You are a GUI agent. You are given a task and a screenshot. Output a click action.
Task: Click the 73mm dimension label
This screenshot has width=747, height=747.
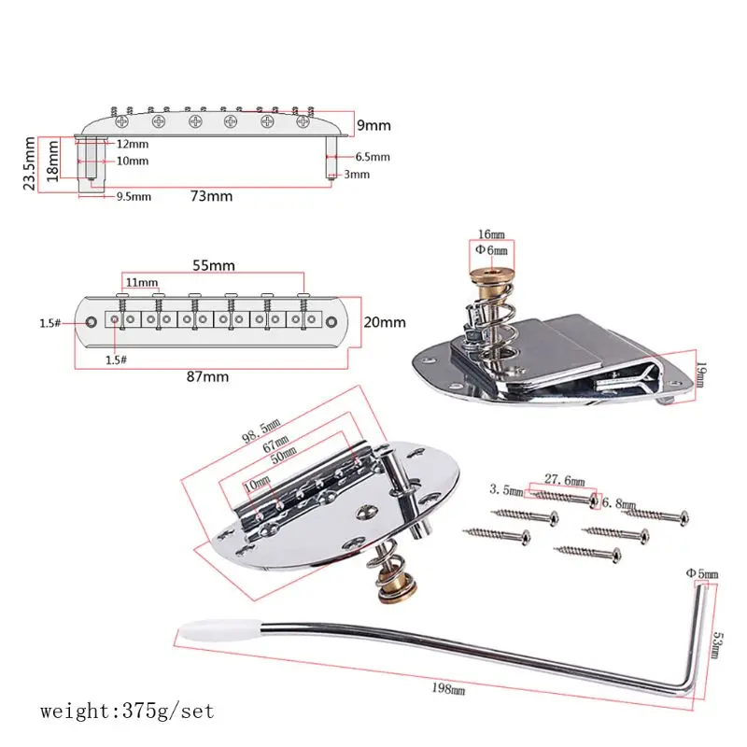[x=212, y=196]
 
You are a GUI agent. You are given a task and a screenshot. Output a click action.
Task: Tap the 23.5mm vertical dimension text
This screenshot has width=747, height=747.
[x=30, y=163]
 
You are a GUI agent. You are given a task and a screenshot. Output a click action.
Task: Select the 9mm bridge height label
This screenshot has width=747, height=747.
[x=373, y=124]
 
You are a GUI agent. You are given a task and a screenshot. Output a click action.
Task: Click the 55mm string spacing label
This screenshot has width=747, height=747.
[x=215, y=265]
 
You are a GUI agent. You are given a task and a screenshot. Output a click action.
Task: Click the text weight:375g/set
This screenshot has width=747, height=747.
[x=127, y=712]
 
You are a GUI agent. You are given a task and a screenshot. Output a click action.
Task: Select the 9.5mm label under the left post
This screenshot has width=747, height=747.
[x=134, y=197]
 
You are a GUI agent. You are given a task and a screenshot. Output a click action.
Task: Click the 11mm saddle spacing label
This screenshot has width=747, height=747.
[x=141, y=282]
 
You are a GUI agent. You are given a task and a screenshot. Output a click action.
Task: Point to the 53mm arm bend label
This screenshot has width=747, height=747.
[x=716, y=644]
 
